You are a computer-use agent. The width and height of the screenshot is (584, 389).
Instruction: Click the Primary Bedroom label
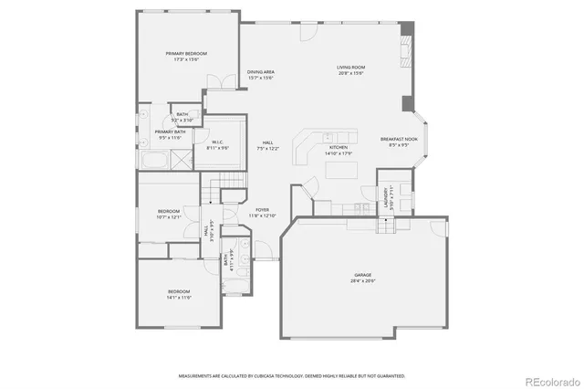point(186,54)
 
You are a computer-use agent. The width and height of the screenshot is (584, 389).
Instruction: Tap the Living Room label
point(350,68)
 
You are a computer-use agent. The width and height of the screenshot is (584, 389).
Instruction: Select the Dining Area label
point(261,72)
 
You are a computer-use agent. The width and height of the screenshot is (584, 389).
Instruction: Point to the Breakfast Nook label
point(398,139)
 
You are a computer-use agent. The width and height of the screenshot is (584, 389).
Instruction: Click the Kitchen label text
point(338,147)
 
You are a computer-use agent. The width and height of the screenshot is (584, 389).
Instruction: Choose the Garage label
point(362,274)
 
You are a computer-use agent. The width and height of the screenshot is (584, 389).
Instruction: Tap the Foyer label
point(262,210)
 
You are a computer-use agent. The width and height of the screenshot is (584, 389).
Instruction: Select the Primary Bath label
point(170,131)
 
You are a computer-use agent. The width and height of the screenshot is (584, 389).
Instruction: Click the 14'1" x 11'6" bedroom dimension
point(179,297)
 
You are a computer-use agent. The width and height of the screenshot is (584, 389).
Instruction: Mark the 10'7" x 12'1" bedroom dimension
point(171,216)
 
